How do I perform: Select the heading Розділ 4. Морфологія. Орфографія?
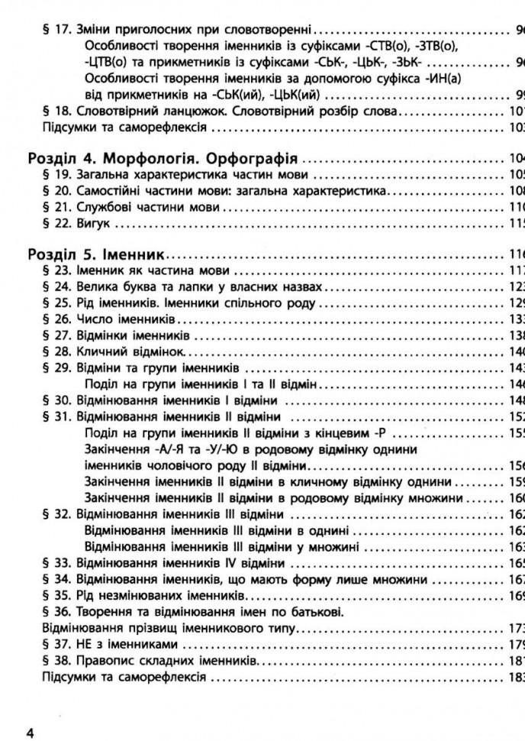(x=162, y=159)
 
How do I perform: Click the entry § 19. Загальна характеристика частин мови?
(x=169, y=175)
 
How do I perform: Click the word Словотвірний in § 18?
(x=114, y=112)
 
